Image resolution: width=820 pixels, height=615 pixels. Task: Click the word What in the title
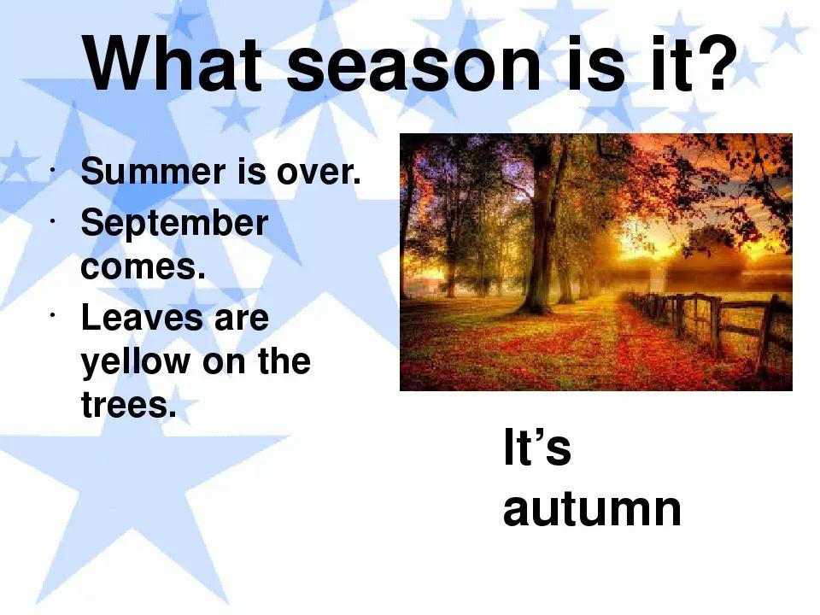(x=173, y=63)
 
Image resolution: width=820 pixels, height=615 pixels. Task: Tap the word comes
(x=143, y=266)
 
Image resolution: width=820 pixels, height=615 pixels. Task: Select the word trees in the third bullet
(x=129, y=405)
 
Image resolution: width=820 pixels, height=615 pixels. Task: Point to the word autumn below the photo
(x=592, y=509)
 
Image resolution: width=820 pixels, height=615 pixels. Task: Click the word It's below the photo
(x=536, y=446)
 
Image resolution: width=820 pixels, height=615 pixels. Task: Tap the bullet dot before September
(x=52, y=220)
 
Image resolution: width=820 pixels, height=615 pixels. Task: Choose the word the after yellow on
(x=284, y=360)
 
